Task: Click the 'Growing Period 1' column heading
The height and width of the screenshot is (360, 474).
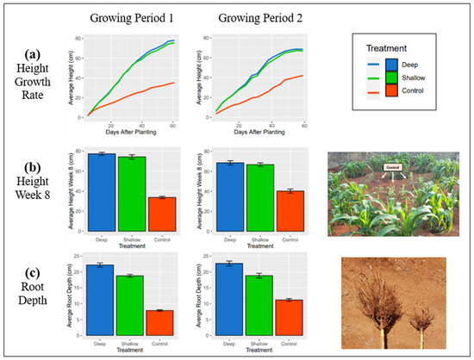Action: (127, 18)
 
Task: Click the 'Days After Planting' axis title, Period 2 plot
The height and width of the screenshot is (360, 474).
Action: (247, 129)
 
